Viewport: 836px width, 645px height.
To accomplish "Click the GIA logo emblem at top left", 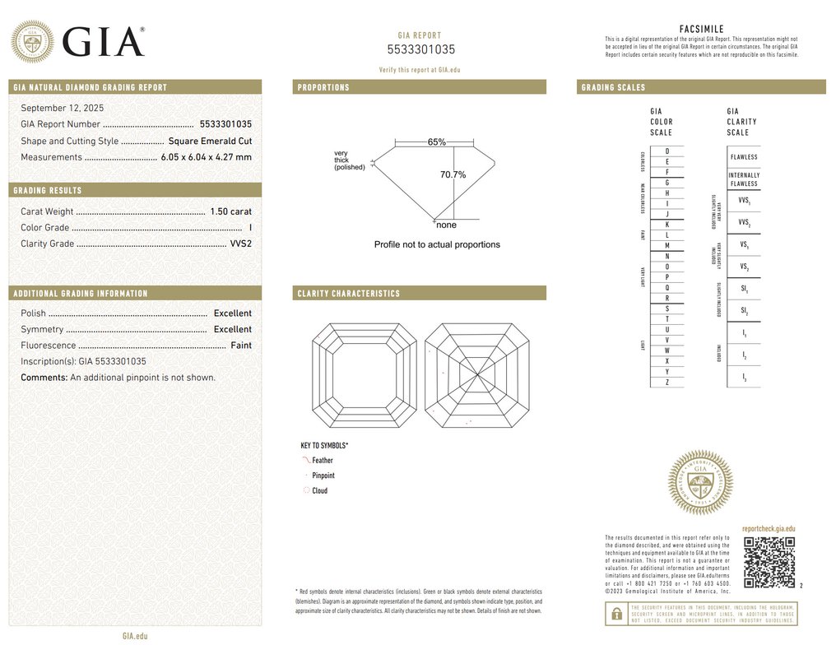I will coord(32,41).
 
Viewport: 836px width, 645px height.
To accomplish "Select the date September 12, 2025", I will coord(63,108).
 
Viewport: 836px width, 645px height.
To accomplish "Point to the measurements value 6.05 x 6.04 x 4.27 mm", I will coord(206,157).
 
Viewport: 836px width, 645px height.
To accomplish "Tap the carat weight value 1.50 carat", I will coord(231,211).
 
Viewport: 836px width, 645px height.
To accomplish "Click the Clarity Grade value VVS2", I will coord(241,244).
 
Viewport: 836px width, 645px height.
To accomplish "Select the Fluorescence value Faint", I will coord(241,346).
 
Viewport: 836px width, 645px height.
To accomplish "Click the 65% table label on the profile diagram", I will coord(436,142).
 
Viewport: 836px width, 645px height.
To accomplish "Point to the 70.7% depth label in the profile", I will coord(453,174).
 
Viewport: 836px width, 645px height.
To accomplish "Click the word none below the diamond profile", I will coord(446,225).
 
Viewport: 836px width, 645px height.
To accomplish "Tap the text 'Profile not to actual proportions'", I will coord(437,245).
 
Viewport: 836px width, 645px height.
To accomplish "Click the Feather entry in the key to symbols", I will coord(323,461).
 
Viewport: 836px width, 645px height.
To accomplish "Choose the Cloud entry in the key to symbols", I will coord(319,491).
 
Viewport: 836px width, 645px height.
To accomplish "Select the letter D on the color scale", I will coord(667,151).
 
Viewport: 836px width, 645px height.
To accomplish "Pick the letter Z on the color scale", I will coord(667,383).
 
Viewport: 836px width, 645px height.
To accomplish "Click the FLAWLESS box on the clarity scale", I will coord(744,157).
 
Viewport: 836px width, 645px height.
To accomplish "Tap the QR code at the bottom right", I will coord(769,562).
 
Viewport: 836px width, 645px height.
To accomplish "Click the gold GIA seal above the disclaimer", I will coord(699,483).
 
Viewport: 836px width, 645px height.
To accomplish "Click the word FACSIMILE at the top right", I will coord(702,30).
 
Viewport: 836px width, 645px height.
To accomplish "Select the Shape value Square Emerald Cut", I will coord(210,141).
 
